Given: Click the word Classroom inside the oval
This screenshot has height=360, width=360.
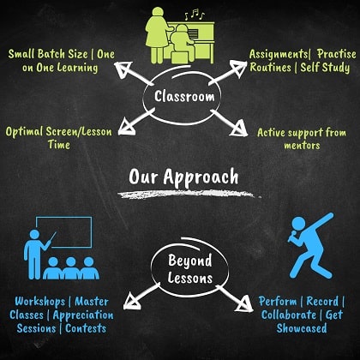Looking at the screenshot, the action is (184, 96).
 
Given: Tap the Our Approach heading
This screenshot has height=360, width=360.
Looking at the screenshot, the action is (183, 177).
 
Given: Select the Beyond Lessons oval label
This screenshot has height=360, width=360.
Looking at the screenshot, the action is (190, 269).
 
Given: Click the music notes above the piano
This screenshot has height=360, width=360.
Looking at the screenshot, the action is (195, 15).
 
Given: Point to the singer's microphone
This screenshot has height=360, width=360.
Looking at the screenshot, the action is (292, 236).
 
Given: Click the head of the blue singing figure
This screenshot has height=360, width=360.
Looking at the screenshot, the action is (299, 225).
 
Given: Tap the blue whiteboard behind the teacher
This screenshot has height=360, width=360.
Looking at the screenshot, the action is (64, 232).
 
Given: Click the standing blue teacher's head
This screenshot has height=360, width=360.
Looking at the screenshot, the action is (34, 234).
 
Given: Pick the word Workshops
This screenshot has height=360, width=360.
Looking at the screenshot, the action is (40, 302).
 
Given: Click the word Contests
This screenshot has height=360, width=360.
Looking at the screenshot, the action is (86, 328).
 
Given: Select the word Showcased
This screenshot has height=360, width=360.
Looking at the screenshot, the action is (302, 328).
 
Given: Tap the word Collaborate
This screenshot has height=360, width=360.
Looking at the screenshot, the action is (289, 315).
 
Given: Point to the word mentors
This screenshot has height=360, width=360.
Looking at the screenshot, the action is (302, 146).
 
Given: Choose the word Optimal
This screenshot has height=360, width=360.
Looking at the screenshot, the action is (24, 132).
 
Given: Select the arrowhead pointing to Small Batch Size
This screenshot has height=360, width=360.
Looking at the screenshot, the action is (123, 69).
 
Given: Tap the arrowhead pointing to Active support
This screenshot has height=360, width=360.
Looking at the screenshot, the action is (239, 129).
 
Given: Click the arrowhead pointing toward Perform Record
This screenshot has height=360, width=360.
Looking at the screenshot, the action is (244, 304).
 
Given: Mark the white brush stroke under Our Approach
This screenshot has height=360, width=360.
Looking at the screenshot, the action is (189, 195).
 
